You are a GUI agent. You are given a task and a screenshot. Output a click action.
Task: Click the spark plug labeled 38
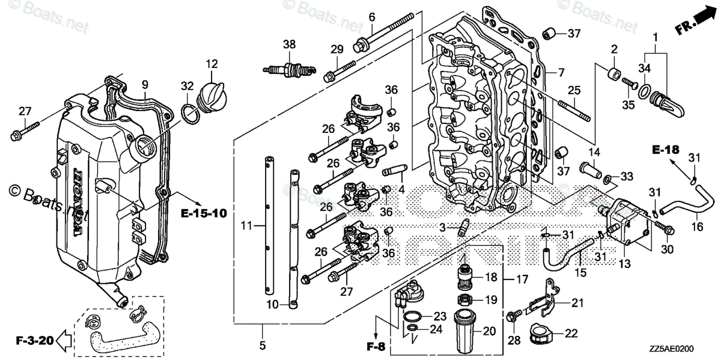290,68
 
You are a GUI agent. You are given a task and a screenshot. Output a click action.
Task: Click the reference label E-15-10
204,213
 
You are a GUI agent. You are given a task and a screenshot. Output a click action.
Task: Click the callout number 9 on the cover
145,85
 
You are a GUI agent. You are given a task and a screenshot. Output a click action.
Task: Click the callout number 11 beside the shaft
245,225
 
